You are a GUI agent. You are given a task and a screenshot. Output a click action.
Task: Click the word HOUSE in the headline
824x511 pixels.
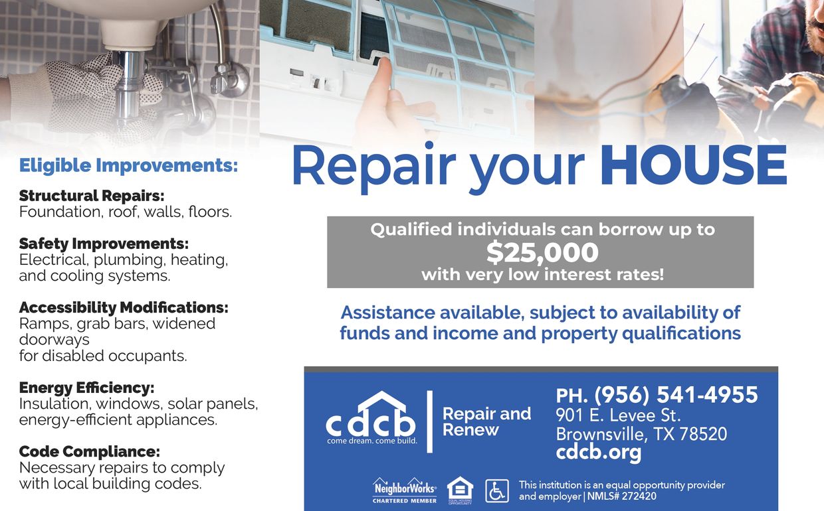693,166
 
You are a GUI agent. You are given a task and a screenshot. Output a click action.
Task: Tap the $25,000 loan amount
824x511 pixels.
542,252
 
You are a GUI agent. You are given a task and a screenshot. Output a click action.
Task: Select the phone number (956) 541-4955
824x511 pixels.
676,395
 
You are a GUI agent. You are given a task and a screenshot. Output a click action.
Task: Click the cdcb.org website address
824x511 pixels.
599,453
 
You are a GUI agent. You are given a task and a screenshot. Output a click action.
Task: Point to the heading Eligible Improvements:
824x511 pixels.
128,165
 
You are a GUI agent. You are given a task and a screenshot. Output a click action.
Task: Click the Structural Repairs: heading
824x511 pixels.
92,196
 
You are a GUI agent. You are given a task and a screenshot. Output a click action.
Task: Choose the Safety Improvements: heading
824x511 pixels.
104,244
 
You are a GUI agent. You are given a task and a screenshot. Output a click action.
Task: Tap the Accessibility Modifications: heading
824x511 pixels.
124,308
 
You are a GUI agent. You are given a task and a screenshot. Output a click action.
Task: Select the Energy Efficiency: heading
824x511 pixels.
86,388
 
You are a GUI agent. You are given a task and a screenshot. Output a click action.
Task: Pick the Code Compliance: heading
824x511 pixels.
89,452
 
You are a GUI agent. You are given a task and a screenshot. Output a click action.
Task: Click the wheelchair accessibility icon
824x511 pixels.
496,491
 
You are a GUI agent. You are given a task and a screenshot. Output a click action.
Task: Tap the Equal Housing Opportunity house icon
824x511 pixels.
460,489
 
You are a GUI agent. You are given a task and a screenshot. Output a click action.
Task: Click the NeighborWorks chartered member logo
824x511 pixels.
405,490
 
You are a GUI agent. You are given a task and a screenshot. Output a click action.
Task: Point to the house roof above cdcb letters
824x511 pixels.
382,403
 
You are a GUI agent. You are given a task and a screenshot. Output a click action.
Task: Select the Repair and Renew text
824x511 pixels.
486,422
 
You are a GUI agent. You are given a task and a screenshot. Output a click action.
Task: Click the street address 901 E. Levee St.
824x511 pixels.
618,416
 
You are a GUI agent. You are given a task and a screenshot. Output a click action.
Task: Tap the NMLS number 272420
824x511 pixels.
635,496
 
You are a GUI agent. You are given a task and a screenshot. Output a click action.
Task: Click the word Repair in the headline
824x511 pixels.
373,166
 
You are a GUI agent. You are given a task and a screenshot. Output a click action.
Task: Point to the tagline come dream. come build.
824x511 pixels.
372,441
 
